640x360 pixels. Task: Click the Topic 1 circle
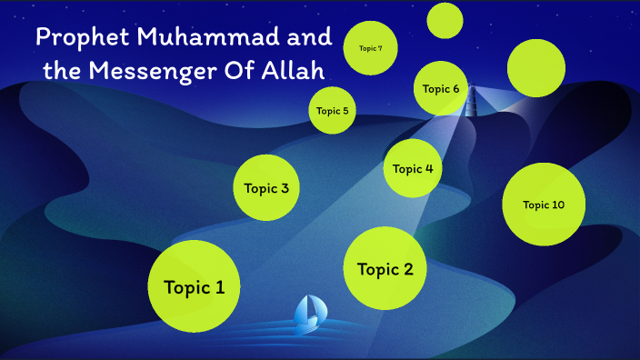(x=194, y=286)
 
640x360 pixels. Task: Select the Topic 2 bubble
(x=385, y=268)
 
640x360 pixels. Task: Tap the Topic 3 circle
(x=266, y=188)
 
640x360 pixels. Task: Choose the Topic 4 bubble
(x=414, y=168)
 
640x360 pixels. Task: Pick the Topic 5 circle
(x=332, y=111)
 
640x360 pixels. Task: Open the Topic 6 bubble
(x=442, y=88)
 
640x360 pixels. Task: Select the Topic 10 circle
(x=544, y=205)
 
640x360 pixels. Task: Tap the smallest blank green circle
(x=445, y=21)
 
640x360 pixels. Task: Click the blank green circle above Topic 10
(x=536, y=67)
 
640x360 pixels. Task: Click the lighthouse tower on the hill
(x=472, y=99)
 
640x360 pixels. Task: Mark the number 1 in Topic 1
(x=219, y=287)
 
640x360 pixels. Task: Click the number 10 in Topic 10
(x=556, y=205)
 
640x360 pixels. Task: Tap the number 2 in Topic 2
(x=408, y=269)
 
